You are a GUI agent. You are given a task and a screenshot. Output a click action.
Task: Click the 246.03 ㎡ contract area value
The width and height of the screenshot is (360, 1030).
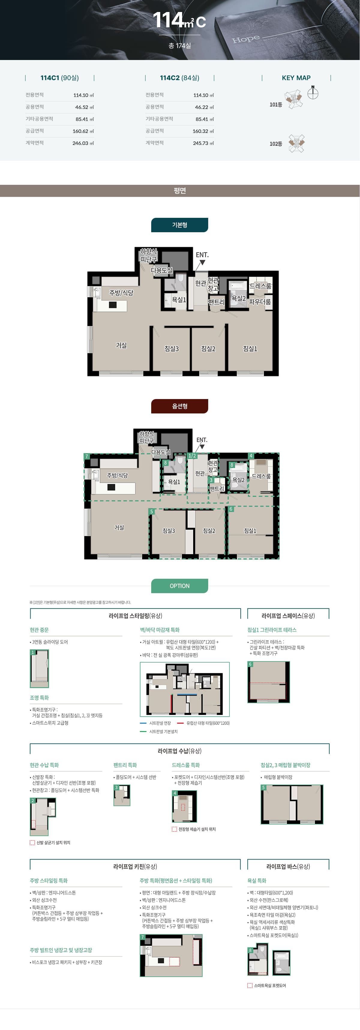click(x=83, y=143)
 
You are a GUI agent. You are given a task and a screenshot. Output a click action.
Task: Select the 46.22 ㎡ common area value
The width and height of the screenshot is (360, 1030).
click(x=204, y=107)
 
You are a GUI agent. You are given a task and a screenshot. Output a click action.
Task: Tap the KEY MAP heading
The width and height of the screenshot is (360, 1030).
click(x=296, y=78)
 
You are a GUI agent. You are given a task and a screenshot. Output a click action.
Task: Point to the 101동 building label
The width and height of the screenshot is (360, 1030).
click(x=276, y=105)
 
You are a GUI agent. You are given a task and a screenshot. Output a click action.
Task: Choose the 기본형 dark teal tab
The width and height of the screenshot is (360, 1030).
click(x=180, y=225)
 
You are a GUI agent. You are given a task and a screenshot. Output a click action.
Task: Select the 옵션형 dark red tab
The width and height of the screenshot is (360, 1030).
click(x=180, y=406)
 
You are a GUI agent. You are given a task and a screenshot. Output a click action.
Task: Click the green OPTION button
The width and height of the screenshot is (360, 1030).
click(x=180, y=586)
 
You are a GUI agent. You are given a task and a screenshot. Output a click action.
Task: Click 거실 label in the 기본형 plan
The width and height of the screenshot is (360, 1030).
click(x=121, y=345)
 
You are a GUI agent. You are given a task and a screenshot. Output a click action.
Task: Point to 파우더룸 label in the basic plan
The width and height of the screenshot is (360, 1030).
click(x=260, y=302)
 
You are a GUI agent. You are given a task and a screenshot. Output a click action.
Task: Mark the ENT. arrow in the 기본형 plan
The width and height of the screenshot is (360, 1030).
click(x=202, y=262)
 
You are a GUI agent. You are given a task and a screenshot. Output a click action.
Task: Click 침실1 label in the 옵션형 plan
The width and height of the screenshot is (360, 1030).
click(x=250, y=530)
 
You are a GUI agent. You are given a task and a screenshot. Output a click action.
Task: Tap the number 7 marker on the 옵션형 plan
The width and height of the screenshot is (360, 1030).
click(x=86, y=456)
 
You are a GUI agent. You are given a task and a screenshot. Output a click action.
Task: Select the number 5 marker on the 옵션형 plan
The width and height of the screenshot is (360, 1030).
click(x=151, y=512)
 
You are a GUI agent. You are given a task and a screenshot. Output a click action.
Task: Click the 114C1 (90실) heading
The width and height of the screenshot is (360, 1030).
click(x=60, y=78)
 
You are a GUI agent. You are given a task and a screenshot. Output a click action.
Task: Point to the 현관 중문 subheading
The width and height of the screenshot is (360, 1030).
click(x=39, y=630)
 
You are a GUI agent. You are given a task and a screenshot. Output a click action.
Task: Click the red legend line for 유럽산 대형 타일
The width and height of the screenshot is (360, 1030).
click(x=180, y=723)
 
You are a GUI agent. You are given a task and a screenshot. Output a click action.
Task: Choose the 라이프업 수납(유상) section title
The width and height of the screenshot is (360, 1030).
click(x=180, y=751)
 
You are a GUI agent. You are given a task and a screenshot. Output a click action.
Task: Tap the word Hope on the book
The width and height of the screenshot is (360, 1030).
click(x=246, y=39)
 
